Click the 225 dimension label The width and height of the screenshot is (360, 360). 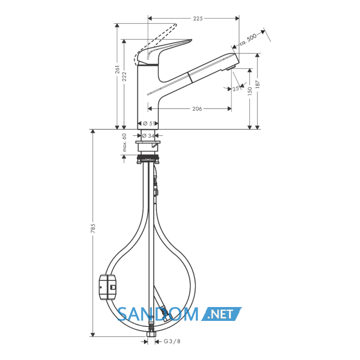pyautogui.click(x=197, y=19)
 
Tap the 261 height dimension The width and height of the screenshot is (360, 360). pyautogui.click(x=118, y=69)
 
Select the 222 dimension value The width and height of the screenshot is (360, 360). pyautogui.click(x=124, y=77)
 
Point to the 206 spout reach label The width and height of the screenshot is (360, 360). pyautogui.click(x=197, y=109)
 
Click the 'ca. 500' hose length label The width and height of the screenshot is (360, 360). pyautogui.click(x=248, y=40)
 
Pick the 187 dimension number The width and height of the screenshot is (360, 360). pyautogui.click(x=257, y=84)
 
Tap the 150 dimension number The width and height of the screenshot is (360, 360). pyautogui.click(x=250, y=91)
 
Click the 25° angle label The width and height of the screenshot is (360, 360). pyautogui.click(x=236, y=88)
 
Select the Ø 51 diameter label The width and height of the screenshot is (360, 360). pyautogui.click(x=148, y=123)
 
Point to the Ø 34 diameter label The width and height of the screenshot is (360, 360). pyautogui.click(x=148, y=136)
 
